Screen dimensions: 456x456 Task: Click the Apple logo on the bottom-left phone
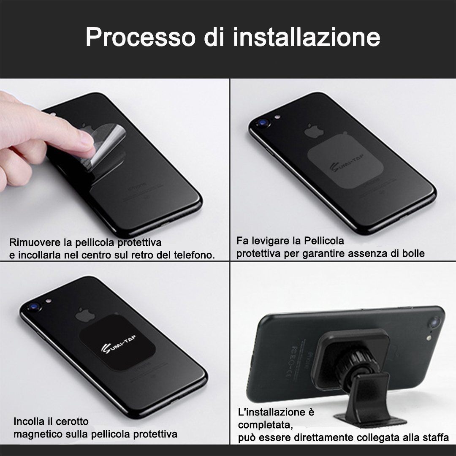click(82, 315)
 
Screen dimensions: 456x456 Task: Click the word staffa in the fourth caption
click(437, 438)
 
